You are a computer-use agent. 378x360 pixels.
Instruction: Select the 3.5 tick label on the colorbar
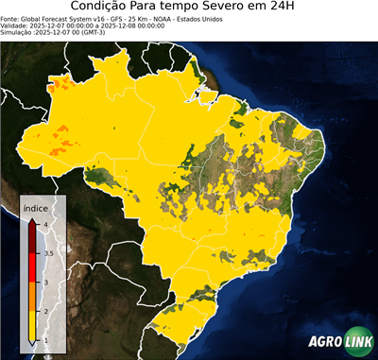48,252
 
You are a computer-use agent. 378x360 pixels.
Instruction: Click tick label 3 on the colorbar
45,282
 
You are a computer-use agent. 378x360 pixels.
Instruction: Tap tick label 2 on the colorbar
45,311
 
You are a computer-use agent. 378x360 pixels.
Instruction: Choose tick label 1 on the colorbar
45,340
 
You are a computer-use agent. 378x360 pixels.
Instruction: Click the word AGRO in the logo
325,341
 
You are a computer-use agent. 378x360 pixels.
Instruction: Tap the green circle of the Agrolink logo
358,340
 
